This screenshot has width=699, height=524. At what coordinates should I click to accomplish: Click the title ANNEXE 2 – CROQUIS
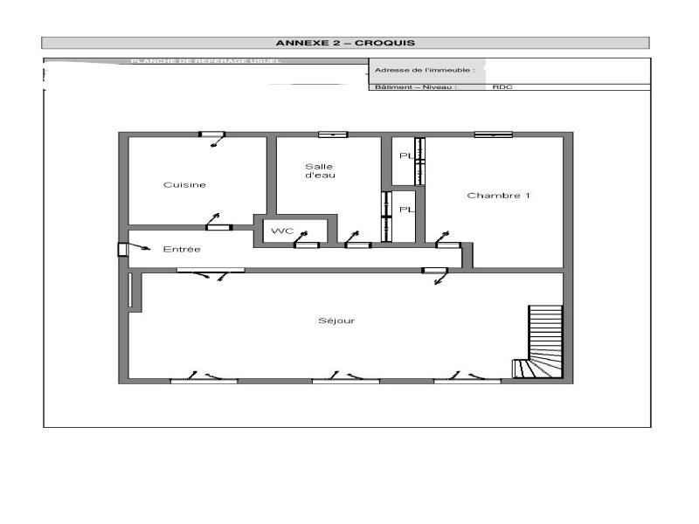click(345, 43)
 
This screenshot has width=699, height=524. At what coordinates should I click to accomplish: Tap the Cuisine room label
click(184, 185)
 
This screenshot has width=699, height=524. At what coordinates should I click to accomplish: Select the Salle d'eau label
click(319, 171)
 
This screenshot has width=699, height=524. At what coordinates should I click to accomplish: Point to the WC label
click(281, 231)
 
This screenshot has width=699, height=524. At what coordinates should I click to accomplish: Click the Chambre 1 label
click(498, 196)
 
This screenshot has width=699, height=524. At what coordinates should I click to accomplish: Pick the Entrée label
click(182, 250)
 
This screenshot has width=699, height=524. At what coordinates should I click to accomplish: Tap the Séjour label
click(336, 321)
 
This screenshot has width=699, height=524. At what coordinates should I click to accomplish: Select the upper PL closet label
click(405, 156)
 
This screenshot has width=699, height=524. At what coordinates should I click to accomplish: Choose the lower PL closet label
click(405, 210)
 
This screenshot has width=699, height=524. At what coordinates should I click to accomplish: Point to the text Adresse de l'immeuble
click(424, 70)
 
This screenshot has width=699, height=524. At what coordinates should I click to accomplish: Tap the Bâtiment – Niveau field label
click(416, 87)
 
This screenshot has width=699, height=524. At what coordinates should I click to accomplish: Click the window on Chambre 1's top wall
click(493, 134)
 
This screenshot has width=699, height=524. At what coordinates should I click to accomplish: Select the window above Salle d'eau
click(332, 134)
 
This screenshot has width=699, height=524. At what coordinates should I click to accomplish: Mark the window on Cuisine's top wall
click(211, 134)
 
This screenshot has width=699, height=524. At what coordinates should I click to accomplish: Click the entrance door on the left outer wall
click(122, 250)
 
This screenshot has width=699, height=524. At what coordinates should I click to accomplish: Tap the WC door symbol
click(306, 245)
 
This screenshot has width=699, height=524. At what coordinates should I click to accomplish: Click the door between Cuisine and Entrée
click(218, 227)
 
